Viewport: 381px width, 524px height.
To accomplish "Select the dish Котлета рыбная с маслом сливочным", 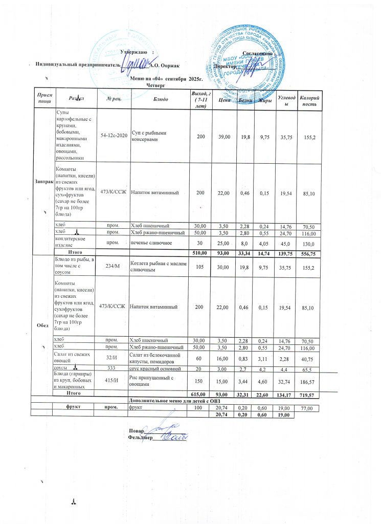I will click(156, 267).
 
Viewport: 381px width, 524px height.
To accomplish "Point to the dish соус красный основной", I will click(155, 368).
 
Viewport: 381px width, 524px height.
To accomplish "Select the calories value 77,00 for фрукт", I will click(306, 408).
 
